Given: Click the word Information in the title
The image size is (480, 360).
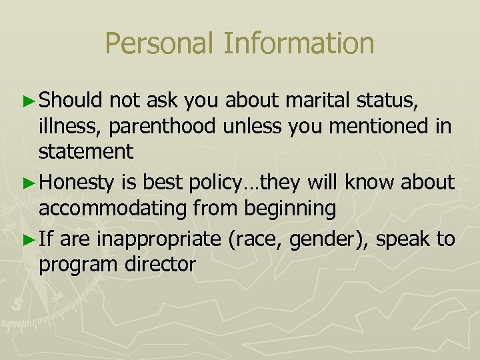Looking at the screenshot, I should [299, 44].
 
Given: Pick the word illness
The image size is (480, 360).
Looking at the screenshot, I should [67, 126].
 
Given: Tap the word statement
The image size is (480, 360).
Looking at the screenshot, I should [86, 151].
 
